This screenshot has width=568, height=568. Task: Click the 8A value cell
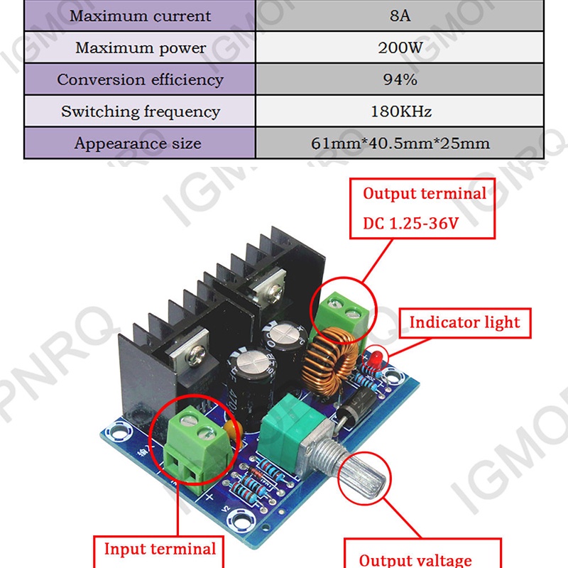pyautogui.click(x=400, y=16)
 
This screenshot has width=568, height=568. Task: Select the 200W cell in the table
pyautogui.click(x=400, y=48)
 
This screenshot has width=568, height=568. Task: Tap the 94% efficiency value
pyautogui.click(x=400, y=80)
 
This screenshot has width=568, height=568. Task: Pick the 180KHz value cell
pyautogui.click(x=400, y=111)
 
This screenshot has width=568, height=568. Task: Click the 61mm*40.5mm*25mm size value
pyautogui.click(x=400, y=143)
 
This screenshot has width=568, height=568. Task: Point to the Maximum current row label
pyautogui.click(x=141, y=16)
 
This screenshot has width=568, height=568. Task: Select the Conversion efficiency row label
pyautogui.click(x=141, y=80)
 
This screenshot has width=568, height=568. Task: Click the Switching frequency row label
pyautogui.click(x=141, y=111)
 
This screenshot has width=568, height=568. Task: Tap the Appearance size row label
pyautogui.click(x=141, y=143)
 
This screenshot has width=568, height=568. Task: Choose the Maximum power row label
pyautogui.click(x=141, y=48)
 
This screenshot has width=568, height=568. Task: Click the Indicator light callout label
pyautogui.click(x=464, y=322)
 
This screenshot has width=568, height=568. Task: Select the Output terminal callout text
pyautogui.click(x=425, y=193)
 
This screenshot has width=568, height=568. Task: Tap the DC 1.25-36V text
pyautogui.click(x=411, y=223)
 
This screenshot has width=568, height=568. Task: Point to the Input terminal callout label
pyautogui.click(x=160, y=548)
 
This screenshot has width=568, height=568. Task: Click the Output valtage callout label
pyautogui.click(x=415, y=560)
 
